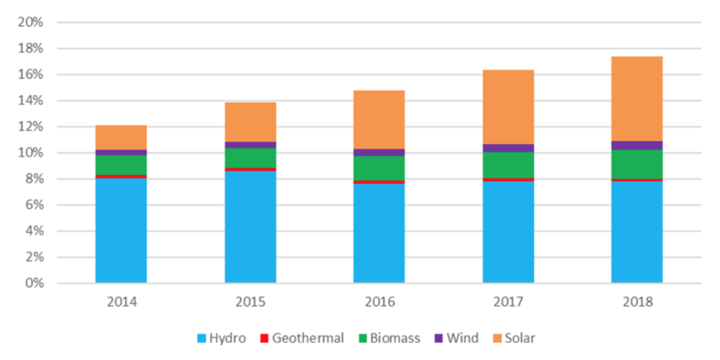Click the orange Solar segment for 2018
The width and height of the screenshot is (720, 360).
click(636, 99)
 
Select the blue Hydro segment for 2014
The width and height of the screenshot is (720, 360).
click(121, 230)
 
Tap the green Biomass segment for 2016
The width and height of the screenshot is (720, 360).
click(379, 168)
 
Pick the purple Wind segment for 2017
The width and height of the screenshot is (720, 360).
click(508, 148)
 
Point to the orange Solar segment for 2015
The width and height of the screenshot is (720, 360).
click(250, 122)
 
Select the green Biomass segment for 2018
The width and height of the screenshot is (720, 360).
click(636, 164)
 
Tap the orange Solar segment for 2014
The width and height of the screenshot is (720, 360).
click(121, 138)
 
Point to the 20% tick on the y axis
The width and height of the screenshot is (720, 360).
click(31, 22)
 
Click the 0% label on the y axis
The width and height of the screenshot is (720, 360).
click(34, 283)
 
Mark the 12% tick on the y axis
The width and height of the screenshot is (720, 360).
click(31, 127)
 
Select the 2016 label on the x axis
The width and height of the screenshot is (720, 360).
click(379, 302)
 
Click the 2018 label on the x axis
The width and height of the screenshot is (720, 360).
click(636, 302)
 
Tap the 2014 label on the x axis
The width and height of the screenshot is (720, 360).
click(121, 302)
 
